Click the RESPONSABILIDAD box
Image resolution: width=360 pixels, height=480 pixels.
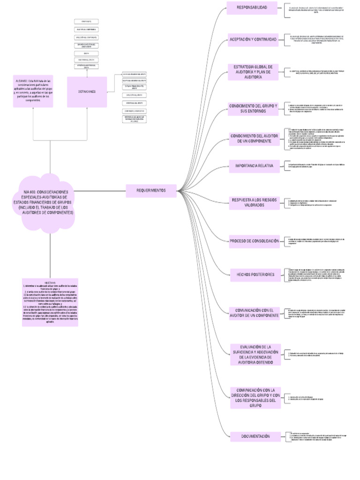click(252, 8)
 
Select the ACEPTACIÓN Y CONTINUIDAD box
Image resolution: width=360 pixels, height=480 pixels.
click(252, 39)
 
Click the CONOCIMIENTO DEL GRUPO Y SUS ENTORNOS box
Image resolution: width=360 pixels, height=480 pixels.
click(253, 109)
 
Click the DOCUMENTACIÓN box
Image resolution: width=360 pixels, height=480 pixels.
click(255, 436)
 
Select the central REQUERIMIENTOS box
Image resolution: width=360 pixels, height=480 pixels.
click(151, 190)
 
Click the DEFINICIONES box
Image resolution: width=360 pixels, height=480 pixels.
click(87, 91)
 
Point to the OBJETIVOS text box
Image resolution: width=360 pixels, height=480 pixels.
click(50, 303)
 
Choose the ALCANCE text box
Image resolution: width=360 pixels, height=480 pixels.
click(33, 90)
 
